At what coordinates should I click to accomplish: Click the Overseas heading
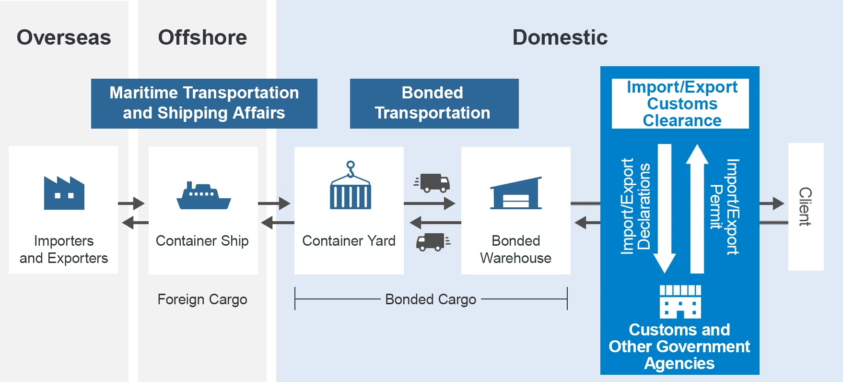pos(64,37)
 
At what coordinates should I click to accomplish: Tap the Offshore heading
pos(202,37)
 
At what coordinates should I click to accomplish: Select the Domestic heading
pos(560,37)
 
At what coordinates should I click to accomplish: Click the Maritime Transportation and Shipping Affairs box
pos(204,103)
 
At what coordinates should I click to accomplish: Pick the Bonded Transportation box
pos(434,103)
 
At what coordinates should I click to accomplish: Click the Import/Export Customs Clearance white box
pos(680,104)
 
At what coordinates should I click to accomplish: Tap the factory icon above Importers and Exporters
pos(64,193)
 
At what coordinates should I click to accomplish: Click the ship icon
pos(203,195)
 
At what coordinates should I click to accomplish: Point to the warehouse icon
pos(516,193)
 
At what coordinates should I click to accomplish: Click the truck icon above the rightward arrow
pos(432,183)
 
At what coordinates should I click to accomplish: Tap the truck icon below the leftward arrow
pos(433,242)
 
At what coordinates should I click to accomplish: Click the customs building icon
pos(680,302)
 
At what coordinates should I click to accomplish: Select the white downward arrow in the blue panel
pos(664,209)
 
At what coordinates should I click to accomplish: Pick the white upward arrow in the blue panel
pos(697,209)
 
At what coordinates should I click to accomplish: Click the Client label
pos(805,206)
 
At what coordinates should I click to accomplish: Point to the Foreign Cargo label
pos(202,299)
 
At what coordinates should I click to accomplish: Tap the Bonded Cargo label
pos(431,299)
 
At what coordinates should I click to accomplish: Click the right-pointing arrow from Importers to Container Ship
pos(131,203)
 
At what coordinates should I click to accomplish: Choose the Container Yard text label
pos(349,240)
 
